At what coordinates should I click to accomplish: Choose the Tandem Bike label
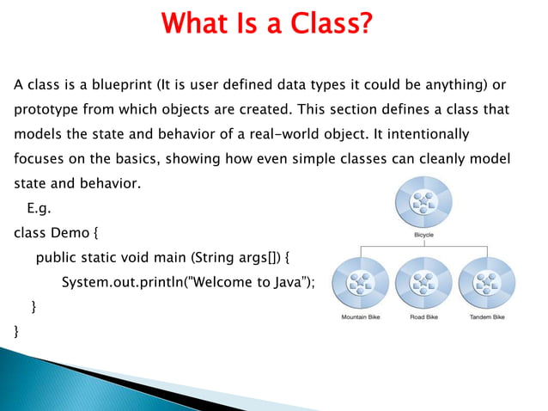tap(487, 316)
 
